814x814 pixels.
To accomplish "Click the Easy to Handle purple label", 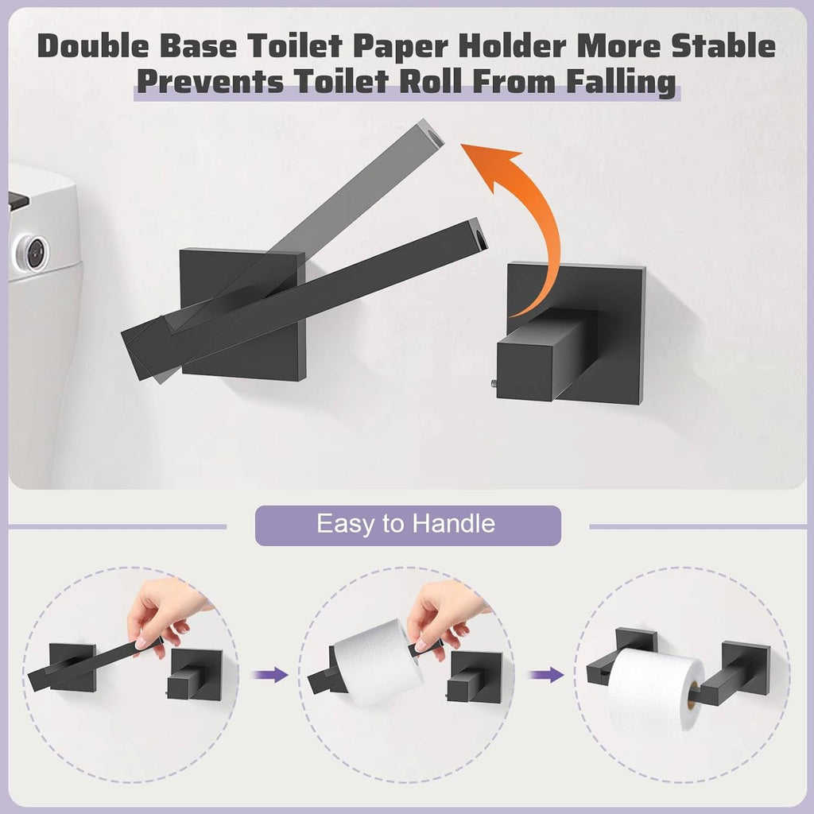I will [407, 525].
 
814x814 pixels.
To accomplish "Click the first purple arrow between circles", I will [270, 675].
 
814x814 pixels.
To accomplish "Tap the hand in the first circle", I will [162, 612].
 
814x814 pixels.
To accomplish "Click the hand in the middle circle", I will [442, 613].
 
